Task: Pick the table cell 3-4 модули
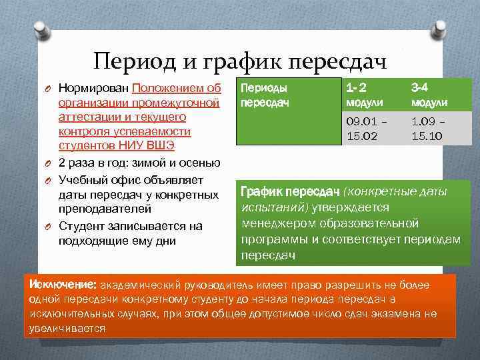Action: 429,95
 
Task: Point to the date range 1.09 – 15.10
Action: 429,128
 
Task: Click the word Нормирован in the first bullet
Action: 94,88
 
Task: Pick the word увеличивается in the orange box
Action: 67,329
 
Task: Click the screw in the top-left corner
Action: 39,29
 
